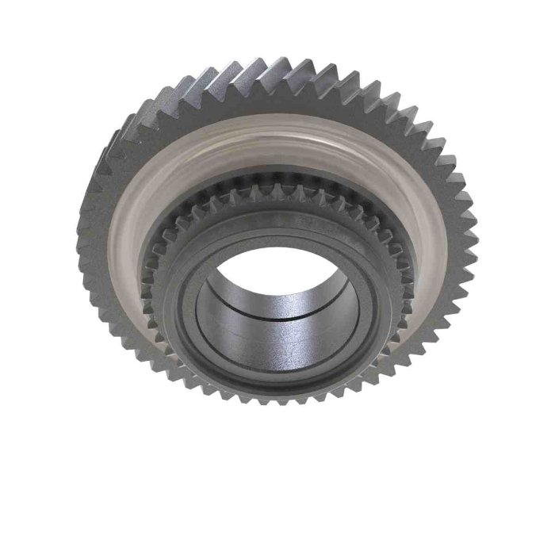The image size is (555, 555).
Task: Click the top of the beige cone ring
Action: tap(277, 127)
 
